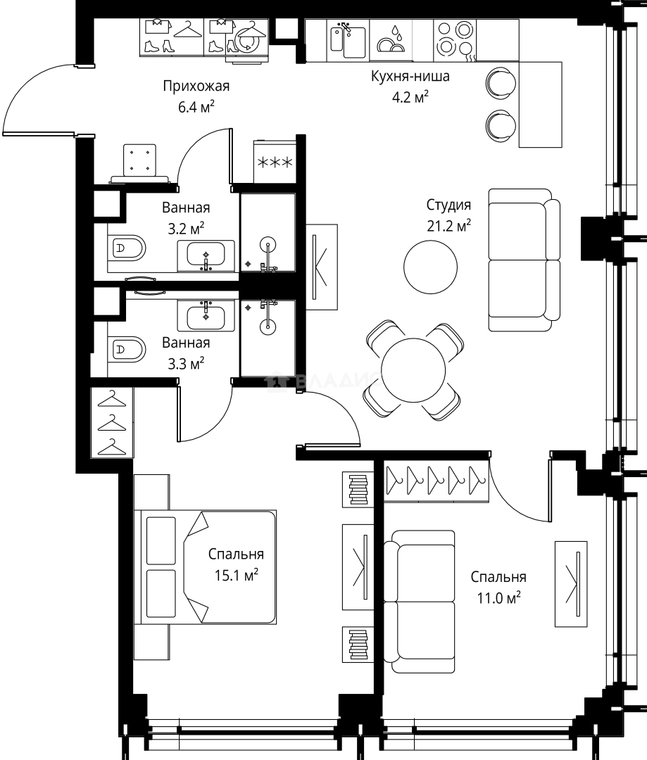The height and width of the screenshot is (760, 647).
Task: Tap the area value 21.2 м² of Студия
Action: [x=448, y=225]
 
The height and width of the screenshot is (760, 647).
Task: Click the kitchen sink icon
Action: [x=347, y=39]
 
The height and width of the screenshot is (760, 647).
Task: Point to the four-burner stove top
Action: [x=454, y=39]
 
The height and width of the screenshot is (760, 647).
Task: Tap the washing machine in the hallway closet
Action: [x=244, y=38]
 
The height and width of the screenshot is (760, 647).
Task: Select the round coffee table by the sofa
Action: [x=429, y=267]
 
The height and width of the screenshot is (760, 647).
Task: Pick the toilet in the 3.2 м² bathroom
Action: [x=128, y=248]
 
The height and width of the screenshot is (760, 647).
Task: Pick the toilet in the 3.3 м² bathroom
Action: [x=128, y=348]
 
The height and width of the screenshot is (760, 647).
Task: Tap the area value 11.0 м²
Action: [x=498, y=597]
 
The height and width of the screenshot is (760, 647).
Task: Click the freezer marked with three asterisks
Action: [x=276, y=163]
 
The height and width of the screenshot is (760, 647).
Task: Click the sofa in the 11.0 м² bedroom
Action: [x=420, y=602]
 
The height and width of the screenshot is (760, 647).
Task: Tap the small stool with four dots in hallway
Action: [x=139, y=160]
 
